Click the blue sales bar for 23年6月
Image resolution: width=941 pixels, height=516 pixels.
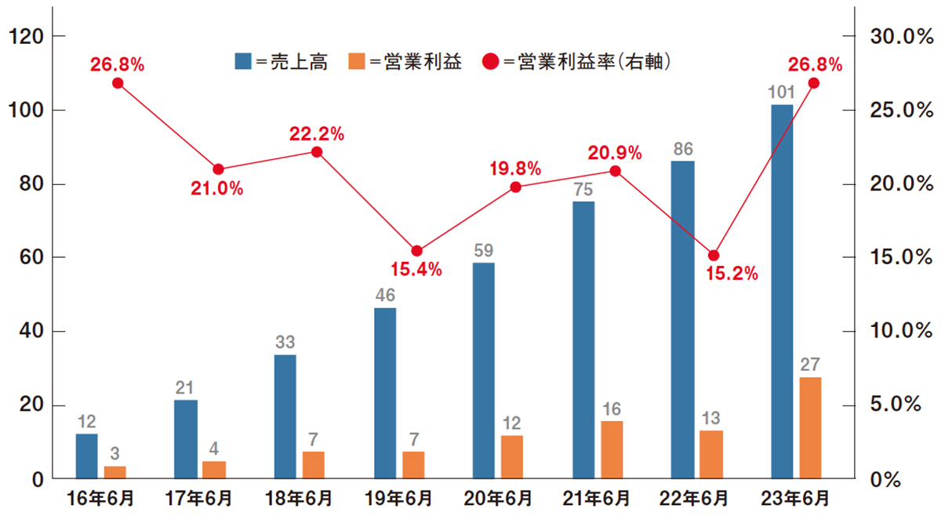[782, 291]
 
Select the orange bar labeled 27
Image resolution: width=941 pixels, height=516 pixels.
[811, 427]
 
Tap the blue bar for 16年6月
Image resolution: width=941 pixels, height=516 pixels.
[87, 456]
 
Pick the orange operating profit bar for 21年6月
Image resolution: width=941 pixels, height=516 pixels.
[612, 449]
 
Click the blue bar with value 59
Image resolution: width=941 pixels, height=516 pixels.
[484, 370]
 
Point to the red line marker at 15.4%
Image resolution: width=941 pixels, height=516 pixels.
[417, 251]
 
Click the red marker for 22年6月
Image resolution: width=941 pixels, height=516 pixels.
[714, 256]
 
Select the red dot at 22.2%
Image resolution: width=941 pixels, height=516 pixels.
[317, 151]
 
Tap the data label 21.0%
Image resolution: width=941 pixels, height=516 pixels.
[216, 188]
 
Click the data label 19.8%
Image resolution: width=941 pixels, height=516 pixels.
[515, 167]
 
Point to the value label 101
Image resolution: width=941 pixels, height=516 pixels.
[781, 93]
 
